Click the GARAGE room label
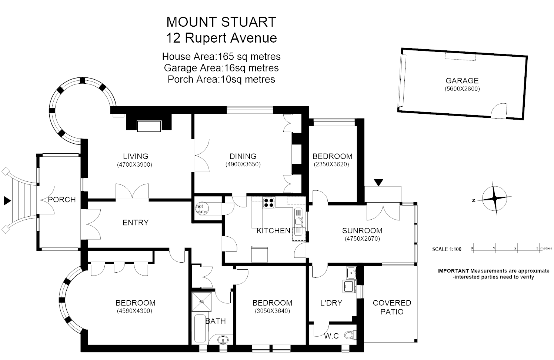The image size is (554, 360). coord(462,81)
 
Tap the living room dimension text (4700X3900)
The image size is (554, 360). coord(135,165)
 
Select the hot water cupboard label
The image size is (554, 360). coord(202,209)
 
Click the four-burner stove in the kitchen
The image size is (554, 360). coord(269,203)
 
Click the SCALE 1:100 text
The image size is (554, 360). coord(447,249)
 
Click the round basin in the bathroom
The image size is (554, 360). coord(222,339)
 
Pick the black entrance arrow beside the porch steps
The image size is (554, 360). coord(7,201)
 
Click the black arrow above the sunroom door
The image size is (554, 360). coord(378,182)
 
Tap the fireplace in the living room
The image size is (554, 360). coord(149,126)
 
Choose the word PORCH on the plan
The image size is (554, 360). coord(62,200)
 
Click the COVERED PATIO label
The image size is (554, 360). coord(392,307)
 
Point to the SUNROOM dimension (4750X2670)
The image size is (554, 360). coord(362,239)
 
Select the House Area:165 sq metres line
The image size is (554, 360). coord(221,57)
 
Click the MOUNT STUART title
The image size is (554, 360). coord(221,22)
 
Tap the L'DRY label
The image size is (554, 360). coord(331,303)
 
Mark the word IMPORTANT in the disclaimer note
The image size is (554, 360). coord(453,271)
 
